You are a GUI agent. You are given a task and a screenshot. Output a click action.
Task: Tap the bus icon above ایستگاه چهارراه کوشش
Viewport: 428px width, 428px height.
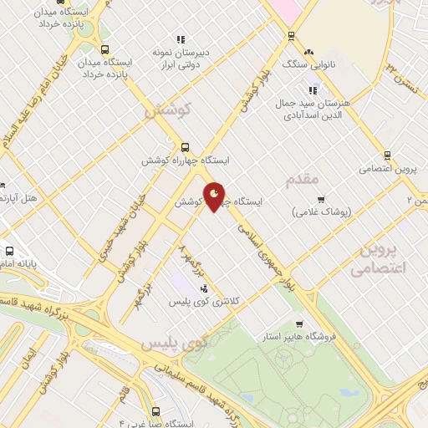(x=185, y=145)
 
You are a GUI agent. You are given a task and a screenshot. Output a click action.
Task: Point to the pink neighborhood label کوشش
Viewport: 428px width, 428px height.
(x=168, y=110)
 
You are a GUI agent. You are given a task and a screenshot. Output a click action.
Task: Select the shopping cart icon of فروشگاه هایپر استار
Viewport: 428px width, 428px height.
(x=300, y=324)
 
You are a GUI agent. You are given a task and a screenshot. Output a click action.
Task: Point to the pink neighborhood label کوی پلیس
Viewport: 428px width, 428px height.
(x=173, y=344)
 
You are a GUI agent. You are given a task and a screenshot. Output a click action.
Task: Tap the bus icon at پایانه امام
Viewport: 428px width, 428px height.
(x=9, y=251)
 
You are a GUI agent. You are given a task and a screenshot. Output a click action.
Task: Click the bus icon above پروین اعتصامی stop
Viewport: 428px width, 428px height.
(x=386, y=155)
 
